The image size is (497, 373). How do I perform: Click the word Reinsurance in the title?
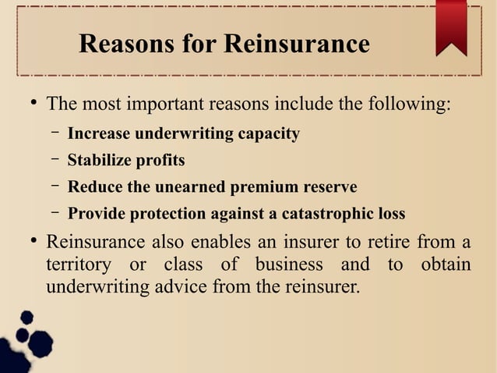click(x=296, y=44)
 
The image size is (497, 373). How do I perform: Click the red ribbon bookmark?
click(x=451, y=27)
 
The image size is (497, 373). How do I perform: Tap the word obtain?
click(x=446, y=265)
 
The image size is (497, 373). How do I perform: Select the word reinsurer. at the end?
click(x=323, y=286)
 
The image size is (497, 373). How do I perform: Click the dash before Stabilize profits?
click(x=56, y=161)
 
